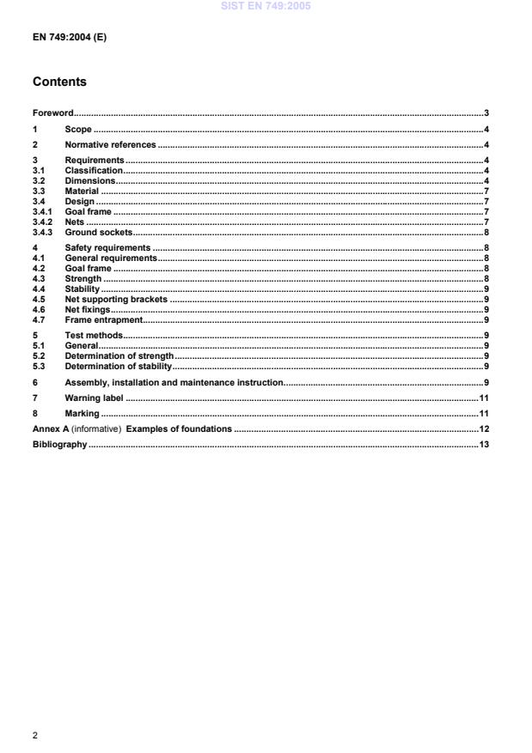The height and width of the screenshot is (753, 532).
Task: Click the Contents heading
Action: click(x=59, y=82)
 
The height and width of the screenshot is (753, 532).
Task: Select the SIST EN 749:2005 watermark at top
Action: click(x=266, y=6)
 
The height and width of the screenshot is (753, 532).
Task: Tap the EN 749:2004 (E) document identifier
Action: click(x=70, y=38)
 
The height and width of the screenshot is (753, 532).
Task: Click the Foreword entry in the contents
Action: click(x=52, y=112)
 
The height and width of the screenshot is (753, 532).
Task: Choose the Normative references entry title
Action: click(x=110, y=144)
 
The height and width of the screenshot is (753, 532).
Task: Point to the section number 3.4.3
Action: click(x=43, y=232)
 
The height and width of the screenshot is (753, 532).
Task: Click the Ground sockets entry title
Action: click(x=99, y=232)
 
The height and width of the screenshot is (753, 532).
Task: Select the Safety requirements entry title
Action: click(x=107, y=247)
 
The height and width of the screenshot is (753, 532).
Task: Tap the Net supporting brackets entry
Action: click(x=116, y=299)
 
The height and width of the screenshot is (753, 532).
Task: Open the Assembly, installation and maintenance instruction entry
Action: click(x=174, y=381)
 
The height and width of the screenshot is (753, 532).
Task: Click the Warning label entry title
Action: click(x=95, y=398)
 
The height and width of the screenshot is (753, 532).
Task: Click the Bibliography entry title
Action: click(x=59, y=445)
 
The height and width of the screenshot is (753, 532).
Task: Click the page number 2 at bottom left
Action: click(x=35, y=736)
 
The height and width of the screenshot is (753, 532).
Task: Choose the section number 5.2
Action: click(x=38, y=355)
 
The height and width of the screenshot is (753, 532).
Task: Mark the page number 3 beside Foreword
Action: click(x=486, y=112)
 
